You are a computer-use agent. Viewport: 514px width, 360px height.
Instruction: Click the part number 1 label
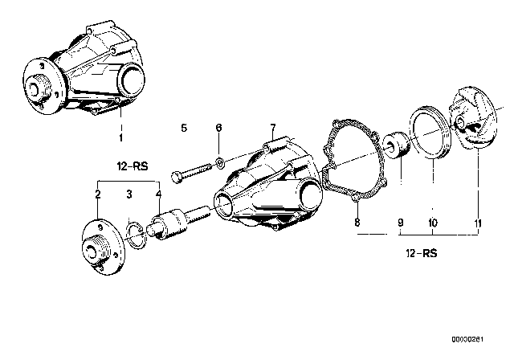coord(120,139)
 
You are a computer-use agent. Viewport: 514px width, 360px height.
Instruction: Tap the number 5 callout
coord(183,129)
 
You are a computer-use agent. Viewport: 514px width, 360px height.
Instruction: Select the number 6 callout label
coord(218,129)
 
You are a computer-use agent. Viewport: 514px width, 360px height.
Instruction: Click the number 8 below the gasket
coord(358,222)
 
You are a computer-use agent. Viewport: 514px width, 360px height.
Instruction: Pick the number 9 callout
coord(399,222)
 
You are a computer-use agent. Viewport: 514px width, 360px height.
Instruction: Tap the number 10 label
coord(432,222)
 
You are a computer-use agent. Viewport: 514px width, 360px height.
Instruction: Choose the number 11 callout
coord(479,222)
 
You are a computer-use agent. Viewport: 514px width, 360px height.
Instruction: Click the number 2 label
coord(97,195)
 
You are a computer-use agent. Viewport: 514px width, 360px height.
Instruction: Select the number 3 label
coord(128,195)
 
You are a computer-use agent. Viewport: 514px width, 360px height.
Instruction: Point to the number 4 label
coord(158,195)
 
